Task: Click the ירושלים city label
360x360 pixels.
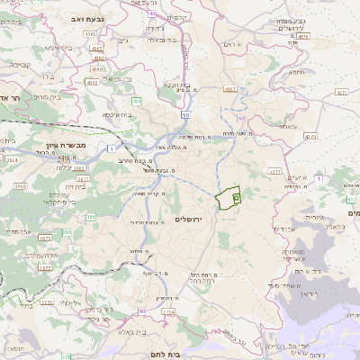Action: point(190,220)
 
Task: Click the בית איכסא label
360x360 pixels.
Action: point(117,114)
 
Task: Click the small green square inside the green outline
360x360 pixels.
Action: point(236,196)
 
